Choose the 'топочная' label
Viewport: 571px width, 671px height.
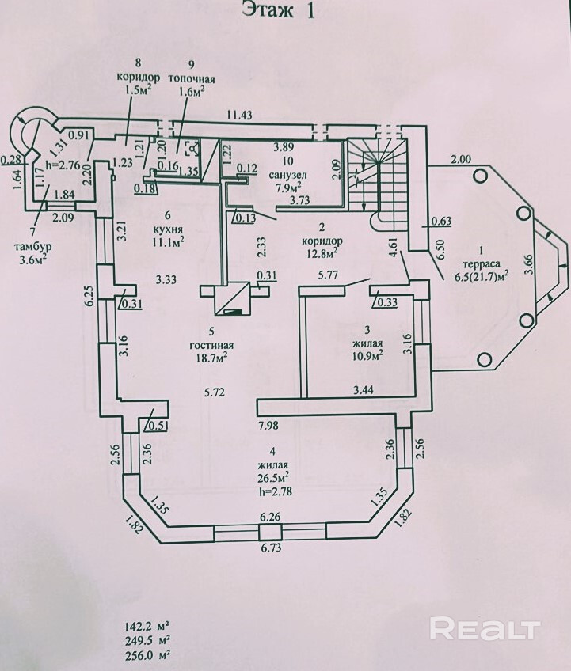pos(192,78)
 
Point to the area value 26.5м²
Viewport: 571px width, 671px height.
pos(271,478)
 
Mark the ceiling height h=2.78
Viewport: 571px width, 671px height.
pos(271,491)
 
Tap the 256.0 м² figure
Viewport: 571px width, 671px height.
pos(143,654)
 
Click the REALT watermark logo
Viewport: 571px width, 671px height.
pos(484,630)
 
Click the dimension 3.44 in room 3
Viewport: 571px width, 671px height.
pos(363,390)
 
